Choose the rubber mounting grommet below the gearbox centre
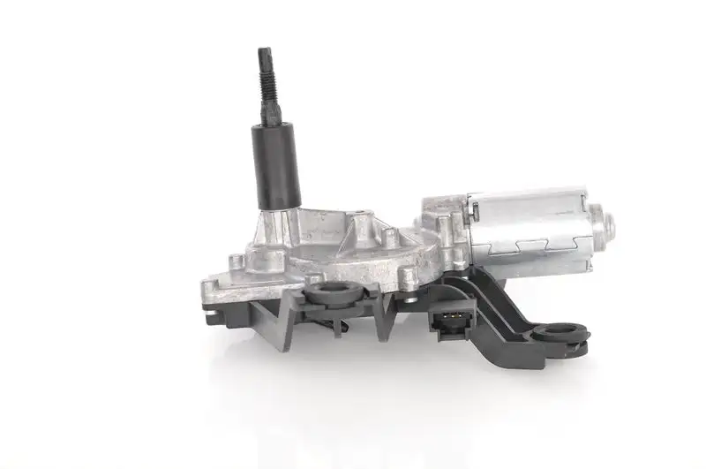coord(333,292)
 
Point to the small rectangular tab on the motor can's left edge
coord(475,209)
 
